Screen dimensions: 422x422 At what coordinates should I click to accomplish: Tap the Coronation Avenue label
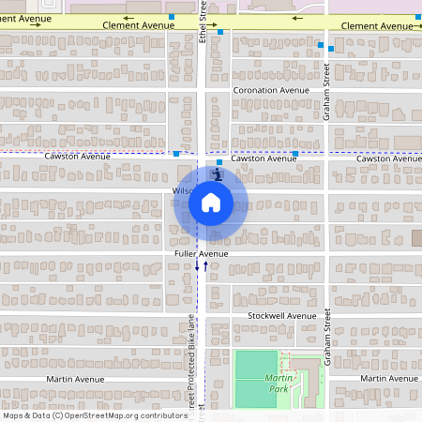(270, 91)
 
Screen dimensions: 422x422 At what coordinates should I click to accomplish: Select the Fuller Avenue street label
(201, 254)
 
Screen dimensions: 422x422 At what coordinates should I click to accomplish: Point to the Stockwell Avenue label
(282, 316)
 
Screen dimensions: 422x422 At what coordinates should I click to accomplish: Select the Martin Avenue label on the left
(76, 380)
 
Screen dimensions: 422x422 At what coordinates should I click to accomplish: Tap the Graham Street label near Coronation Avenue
(326, 92)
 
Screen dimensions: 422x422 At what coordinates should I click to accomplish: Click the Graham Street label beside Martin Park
(327, 338)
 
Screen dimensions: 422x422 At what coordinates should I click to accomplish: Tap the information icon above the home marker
(218, 174)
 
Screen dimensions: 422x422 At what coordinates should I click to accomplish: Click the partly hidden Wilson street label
(182, 191)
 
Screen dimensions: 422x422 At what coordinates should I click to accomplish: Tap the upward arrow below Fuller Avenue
(205, 266)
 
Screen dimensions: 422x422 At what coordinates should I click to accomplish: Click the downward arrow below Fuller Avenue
(197, 266)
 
